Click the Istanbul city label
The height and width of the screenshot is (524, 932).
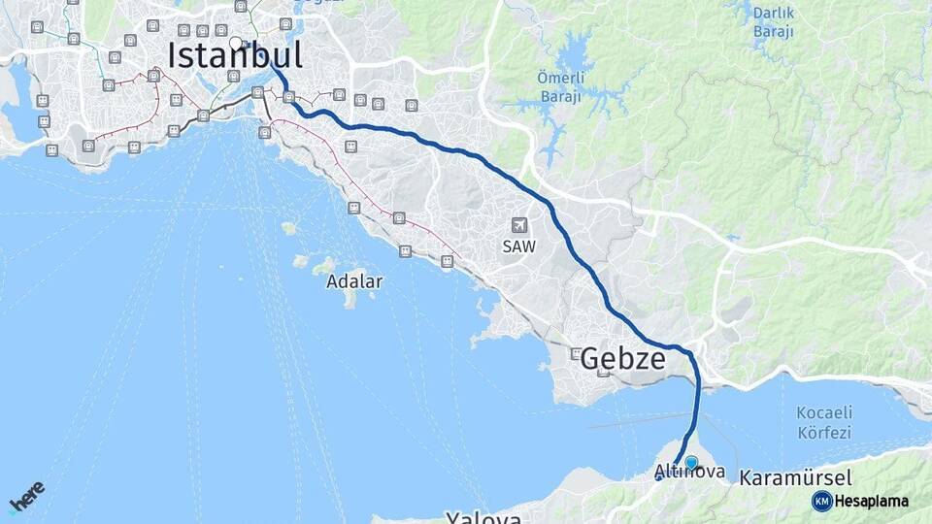pyautogui.click(x=235, y=55)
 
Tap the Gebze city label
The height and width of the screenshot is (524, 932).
pyautogui.click(x=622, y=359)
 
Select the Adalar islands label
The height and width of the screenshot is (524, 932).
pyautogui.click(x=354, y=281)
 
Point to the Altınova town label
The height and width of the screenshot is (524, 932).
pyautogui.click(x=689, y=473)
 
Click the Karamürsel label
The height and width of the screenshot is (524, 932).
pyautogui.click(x=795, y=477)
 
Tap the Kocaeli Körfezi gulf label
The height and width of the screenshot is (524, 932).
pyautogui.click(x=823, y=423)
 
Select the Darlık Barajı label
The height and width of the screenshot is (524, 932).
pyautogui.click(x=773, y=22)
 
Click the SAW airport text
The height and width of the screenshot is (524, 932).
pyautogui.click(x=518, y=246)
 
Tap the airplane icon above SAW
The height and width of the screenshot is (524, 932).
pyautogui.click(x=518, y=225)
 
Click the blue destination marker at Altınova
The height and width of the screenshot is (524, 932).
pyautogui.click(x=691, y=463)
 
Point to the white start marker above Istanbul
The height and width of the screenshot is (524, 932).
pyautogui.click(x=235, y=42)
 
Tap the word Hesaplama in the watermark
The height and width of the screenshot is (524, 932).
pyautogui.click(x=872, y=501)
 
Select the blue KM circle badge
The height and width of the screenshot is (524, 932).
pyautogui.click(x=821, y=501)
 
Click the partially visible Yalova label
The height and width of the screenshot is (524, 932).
pyautogui.click(x=483, y=517)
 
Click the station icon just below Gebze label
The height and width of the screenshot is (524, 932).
pyautogui.click(x=604, y=373)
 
